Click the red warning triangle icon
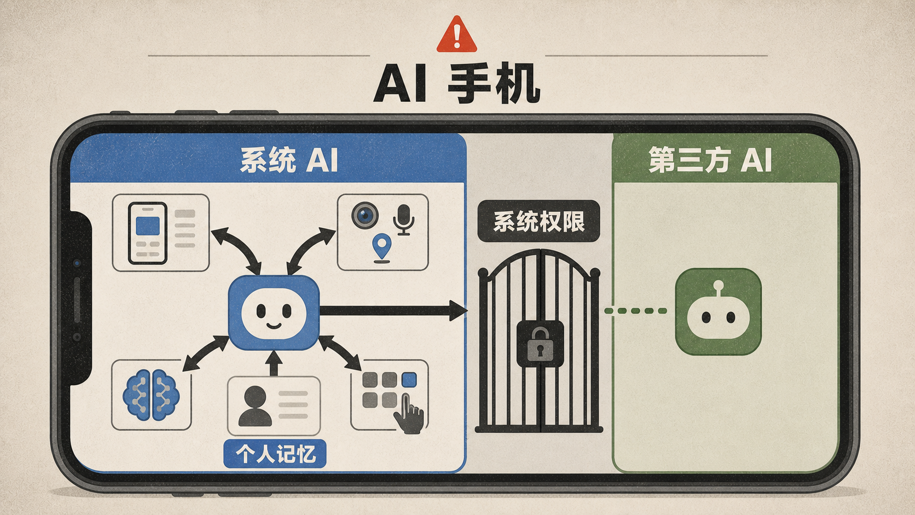click(x=457, y=34)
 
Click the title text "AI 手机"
click(x=457, y=83)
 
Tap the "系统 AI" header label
click(x=289, y=160)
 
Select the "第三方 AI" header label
click(x=710, y=160)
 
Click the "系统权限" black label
click(x=539, y=221)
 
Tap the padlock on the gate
click(x=540, y=344)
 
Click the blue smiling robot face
click(x=274, y=313)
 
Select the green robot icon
click(x=718, y=311)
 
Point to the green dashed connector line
click(x=635, y=311)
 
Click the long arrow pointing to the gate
click(x=393, y=311)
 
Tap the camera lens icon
click(x=365, y=215)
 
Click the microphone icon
click(x=403, y=219)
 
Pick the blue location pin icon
click(x=382, y=248)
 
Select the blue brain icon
click(x=151, y=395)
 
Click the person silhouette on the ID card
click(x=255, y=406)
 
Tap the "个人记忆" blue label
click(x=275, y=454)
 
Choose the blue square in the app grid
click(x=409, y=379)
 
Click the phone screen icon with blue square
click(x=147, y=233)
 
